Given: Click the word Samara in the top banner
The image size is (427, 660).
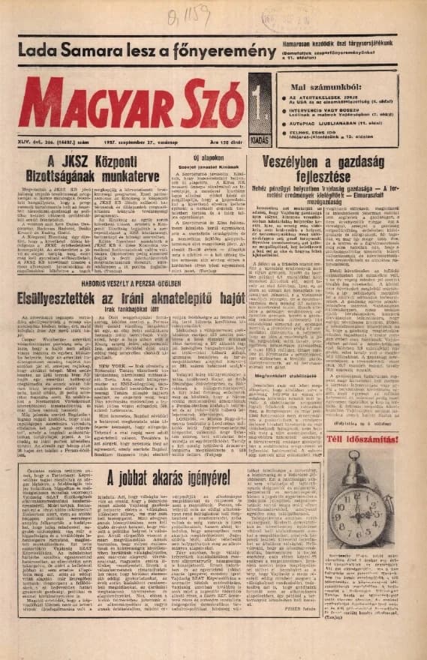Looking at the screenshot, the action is (x=78, y=52).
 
